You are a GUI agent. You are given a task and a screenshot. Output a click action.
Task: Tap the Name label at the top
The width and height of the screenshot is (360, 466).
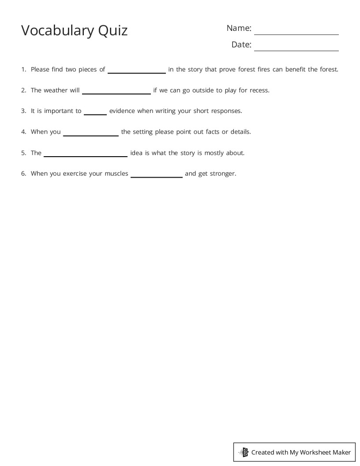[x=239, y=28]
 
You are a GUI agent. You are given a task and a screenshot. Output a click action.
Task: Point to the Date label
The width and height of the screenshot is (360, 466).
[x=241, y=45]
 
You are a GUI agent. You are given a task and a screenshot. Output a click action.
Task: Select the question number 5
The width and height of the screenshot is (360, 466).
[x=23, y=153]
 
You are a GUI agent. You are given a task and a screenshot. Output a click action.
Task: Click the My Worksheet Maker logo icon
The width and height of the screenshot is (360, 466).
[x=244, y=452]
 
